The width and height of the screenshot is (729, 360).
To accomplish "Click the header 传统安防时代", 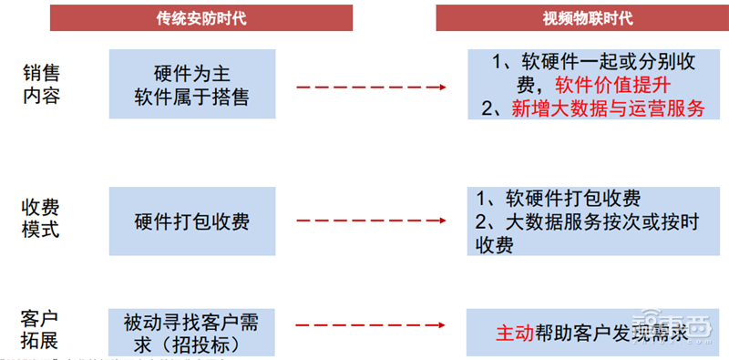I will pyautogui.click(x=200, y=18).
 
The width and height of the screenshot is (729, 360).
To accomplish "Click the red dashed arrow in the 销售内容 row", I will pyautogui.click(x=369, y=87).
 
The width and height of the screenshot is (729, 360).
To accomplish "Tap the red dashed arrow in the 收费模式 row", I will pyautogui.click(x=369, y=221).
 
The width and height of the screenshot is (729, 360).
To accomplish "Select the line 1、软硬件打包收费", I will pyautogui.click(x=557, y=199).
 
